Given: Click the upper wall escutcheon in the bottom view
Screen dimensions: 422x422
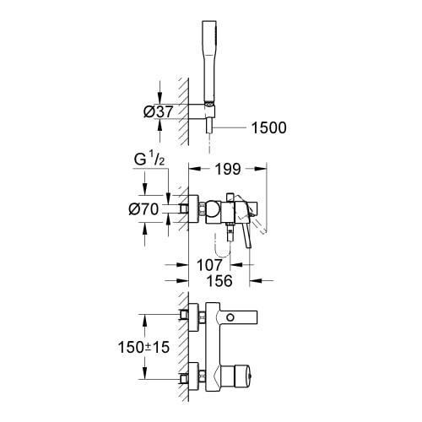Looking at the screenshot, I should pyautogui.click(x=194, y=317).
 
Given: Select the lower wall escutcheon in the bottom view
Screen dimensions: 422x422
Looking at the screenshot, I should pyautogui.click(x=194, y=375).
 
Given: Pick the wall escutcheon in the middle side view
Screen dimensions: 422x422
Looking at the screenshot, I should pyautogui.click(x=194, y=209).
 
